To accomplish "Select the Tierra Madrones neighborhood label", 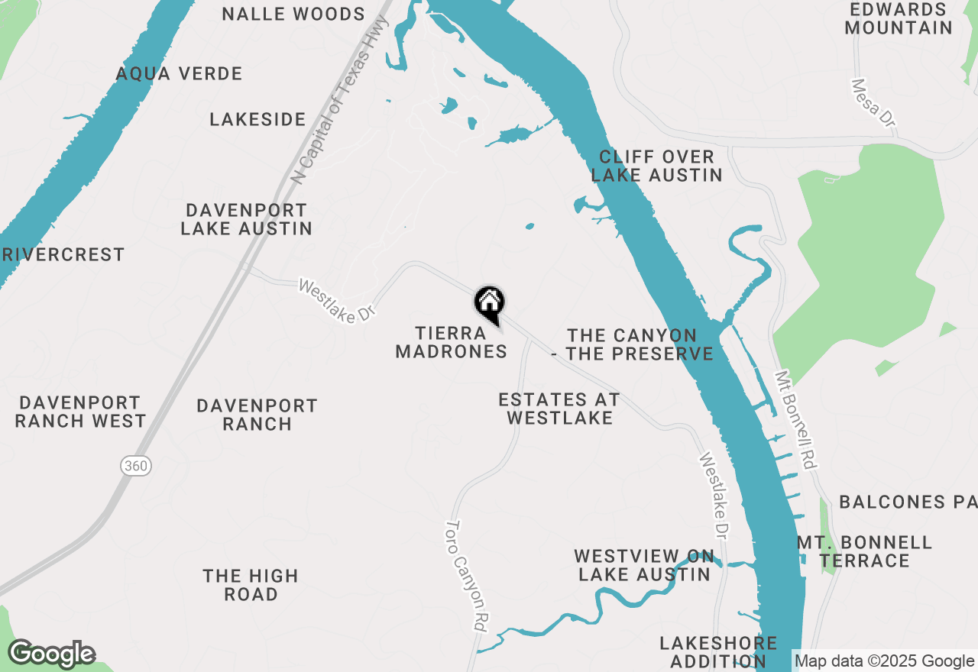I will pyautogui.click(x=451, y=342).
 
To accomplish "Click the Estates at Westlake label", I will pyautogui.click(x=559, y=409).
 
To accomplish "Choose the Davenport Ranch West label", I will pyautogui.click(x=80, y=412).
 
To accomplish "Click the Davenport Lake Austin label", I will pyautogui.click(x=246, y=219).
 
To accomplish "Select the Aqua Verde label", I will pyautogui.click(x=179, y=74).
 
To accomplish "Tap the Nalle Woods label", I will pyautogui.click(x=293, y=15).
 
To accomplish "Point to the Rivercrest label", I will pyautogui.click(x=63, y=255).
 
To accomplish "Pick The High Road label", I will pyautogui.click(x=251, y=585).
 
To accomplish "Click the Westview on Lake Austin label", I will pyautogui.click(x=644, y=565).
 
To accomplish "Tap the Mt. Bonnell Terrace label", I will pyautogui.click(x=864, y=551).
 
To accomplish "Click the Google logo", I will pyautogui.click(x=51, y=654).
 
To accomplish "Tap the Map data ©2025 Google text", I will pyautogui.click(x=884, y=661).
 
